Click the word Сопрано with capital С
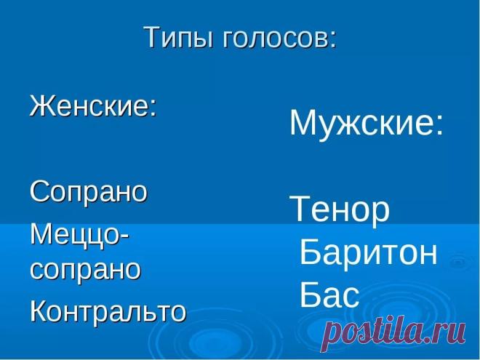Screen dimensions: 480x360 (89, 191)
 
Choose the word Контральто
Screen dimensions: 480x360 (108, 310)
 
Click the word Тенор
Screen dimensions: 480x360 (340, 209)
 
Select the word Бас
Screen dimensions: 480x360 (329, 295)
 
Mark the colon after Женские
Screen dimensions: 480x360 (153, 108)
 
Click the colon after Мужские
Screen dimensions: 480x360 (439, 126)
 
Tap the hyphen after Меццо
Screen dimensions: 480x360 (124, 238)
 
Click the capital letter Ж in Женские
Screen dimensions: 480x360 (42, 105)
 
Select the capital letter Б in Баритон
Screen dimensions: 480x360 (309, 252)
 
